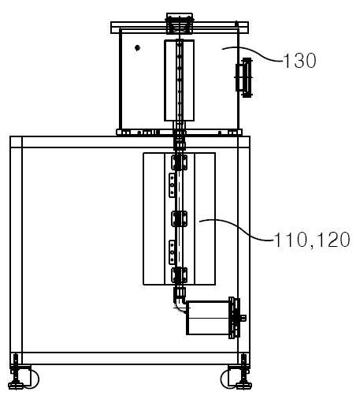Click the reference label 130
(x=299, y=61)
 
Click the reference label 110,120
(x=312, y=240)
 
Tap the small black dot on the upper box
(x=137, y=48)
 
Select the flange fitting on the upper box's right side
(x=244, y=77)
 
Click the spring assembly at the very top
(x=179, y=24)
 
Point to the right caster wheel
(x=228, y=379)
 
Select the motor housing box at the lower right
(x=207, y=318)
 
